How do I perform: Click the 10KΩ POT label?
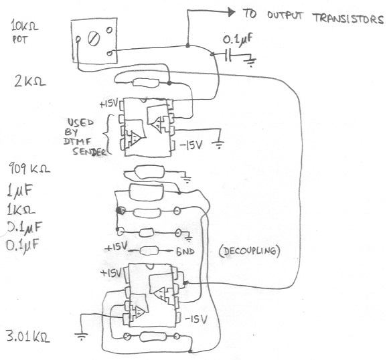[24, 32]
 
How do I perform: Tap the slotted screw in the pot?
[94, 39]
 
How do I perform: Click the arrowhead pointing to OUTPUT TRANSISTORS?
[231, 12]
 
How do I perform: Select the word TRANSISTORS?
[348, 19]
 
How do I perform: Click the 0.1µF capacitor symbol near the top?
[228, 56]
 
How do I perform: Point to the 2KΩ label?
[30, 81]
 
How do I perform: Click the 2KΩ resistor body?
[146, 82]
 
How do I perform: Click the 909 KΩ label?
[29, 168]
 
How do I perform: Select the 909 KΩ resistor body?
[149, 172]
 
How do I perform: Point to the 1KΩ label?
[21, 209]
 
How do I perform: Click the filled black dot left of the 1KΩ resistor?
[121, 210]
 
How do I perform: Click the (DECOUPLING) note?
[249, 251]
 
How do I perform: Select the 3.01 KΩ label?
[28, 336]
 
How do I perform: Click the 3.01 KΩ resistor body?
[153, 337]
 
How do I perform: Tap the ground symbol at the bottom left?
[81, 336]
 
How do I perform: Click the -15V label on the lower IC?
[196, 319]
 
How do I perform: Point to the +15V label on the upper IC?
[108, 104]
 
